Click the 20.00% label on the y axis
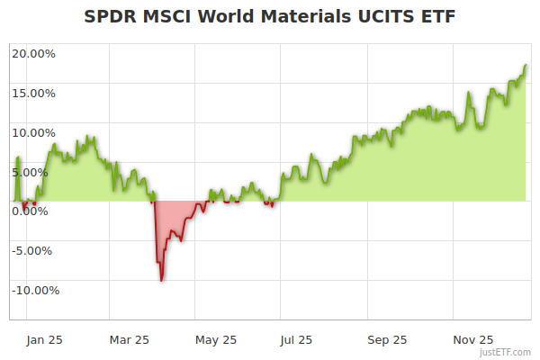pyautogui.click(x=33, y=53)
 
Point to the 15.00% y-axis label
pyautogui.click(x=33, y=93)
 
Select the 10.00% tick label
pyautogui.click(x=33, y=132)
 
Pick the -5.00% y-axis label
pyautogui.click(x=34, y=251)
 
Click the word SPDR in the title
pyautogui.click(x=111, y=17)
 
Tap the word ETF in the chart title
pyautogui.click(x=436, y=17)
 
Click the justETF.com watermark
pyautogui.click(x=505, y=353)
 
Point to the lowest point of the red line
pyautogui.click(x=161, y=281)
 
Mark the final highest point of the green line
pyautogui.click(x=526, y=65)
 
